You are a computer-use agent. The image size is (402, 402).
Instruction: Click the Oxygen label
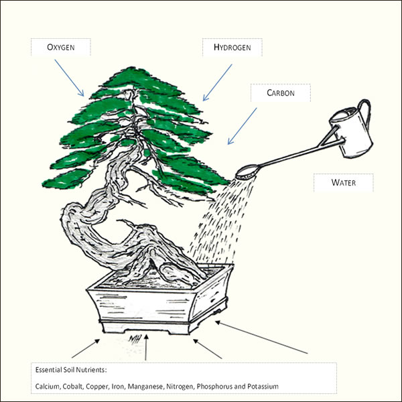pos(61,47)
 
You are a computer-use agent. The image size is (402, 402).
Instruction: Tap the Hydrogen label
pos(232,47)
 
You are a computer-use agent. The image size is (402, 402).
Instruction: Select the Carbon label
pos(281,92)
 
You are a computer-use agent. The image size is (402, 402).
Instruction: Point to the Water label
pos(344,182)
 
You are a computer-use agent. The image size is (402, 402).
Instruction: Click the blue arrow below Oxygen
pos(69,78)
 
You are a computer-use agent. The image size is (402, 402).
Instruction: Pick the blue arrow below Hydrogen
pos(217,82)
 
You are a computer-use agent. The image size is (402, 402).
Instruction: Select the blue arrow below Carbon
pos(243,126)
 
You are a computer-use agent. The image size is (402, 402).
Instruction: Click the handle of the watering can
pos(366,113)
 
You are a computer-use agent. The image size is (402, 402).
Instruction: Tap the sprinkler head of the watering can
pos(247,172)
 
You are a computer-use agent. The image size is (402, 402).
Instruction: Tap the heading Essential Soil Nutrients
pos(71,370)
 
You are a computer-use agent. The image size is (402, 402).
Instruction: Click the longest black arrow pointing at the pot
pos(261,337)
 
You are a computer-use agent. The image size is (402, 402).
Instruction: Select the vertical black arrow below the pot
pos(146,347)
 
